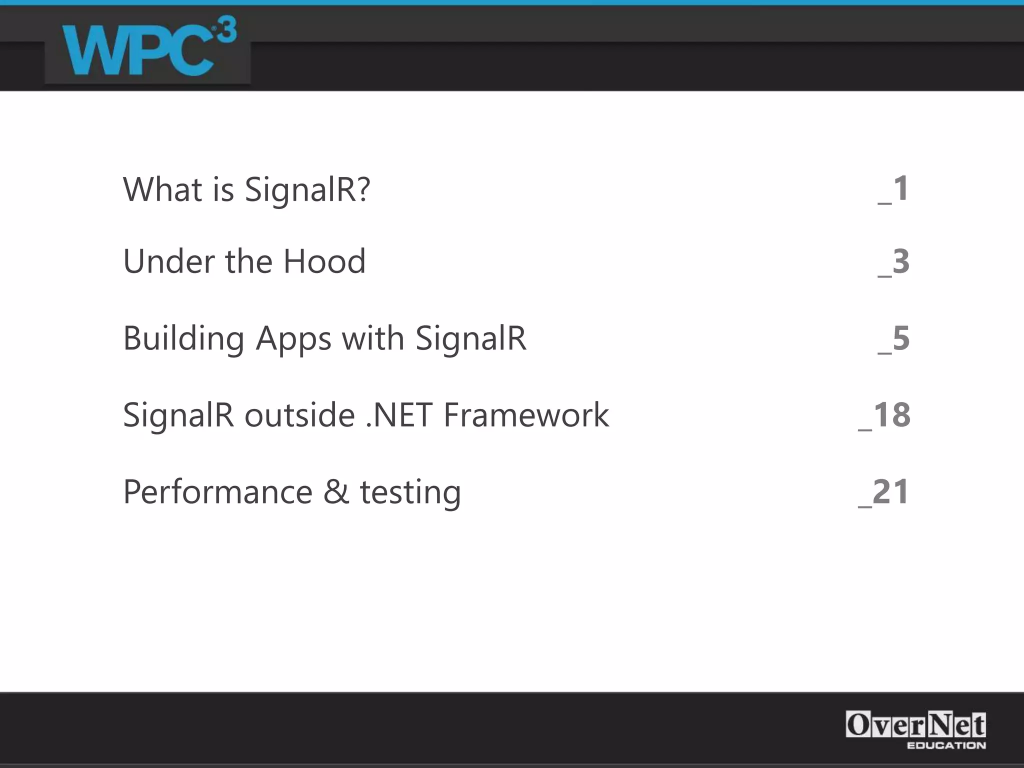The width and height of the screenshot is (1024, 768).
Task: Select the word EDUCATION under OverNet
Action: (x=946, y=745)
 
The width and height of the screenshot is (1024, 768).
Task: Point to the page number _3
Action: (x=893, y=261)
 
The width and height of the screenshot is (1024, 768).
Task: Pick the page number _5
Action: (x=893, y=338)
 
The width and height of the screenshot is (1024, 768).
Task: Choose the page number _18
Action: (x=884, y=415)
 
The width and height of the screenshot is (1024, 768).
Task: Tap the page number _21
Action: (x=883, y=492)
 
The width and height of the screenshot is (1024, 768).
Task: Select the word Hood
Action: (x=324, y=261)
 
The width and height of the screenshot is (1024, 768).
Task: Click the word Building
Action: (x=183, y=339)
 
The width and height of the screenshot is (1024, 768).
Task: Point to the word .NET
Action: (x=399, y=415)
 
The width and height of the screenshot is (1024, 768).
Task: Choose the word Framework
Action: (x=526, y=415)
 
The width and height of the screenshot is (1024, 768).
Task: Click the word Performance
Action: (x=217, y=492)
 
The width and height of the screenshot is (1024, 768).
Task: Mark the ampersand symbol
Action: (x=336, y=492)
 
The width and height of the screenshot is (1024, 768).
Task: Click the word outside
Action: (x=299, y=415)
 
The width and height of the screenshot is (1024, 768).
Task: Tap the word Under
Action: (x=168, y=261)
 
